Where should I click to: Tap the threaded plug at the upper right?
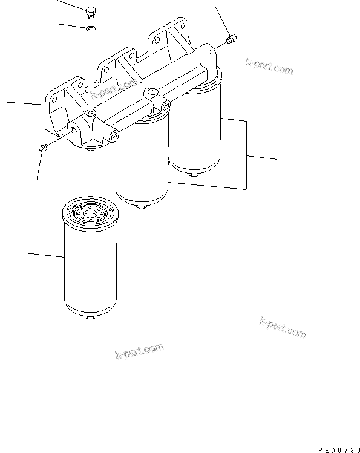point(230,40)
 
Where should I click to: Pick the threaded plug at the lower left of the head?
point(43,148)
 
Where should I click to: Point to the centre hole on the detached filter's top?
point(91,213)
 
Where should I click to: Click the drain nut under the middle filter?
point(142,207)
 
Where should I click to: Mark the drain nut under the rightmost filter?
point(193,175)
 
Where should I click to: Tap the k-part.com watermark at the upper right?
point(269,67)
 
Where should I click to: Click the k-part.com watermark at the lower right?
point(283,328)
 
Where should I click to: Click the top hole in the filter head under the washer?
point(90,113)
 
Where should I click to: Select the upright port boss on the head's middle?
point(152,93)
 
